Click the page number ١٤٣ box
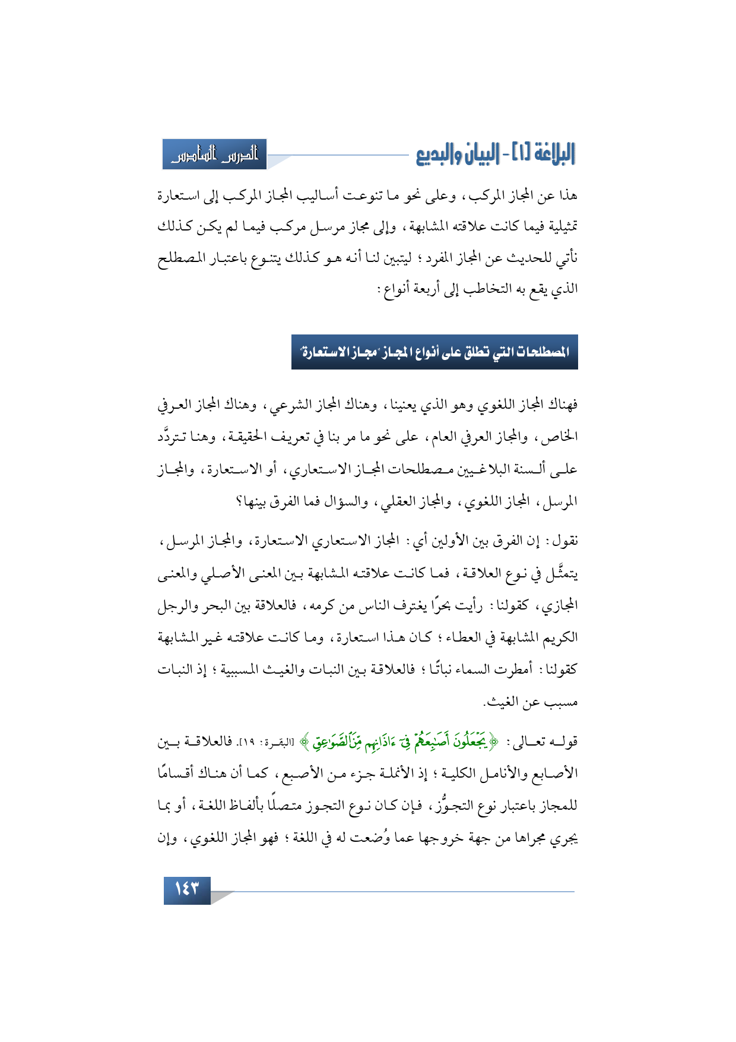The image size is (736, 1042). click(x=186, y=890)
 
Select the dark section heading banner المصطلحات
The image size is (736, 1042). click(x=434, y=352)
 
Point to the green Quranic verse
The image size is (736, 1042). click(x=403, y=741)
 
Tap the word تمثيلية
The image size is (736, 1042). click(x=557, y=226)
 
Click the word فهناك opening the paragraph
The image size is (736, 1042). click(x=562, y=406)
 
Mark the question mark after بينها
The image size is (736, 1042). click(x=239, y=503)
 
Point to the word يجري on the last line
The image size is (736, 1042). click(x=563, y=838)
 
